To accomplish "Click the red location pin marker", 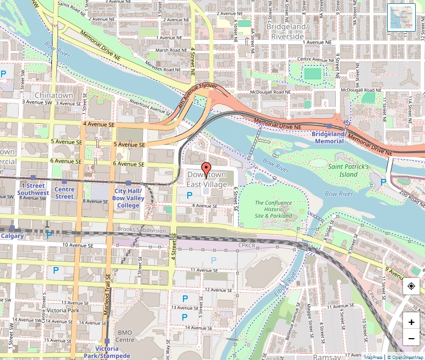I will click(206, 170).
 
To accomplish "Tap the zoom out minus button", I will click(411, 339).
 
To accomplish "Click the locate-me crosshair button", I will click(411, 286).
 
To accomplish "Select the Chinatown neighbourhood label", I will click(54, 95).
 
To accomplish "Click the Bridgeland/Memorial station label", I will click(329, 137).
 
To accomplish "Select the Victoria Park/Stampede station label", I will click(107, 352).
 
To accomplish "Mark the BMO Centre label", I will click(125, 336).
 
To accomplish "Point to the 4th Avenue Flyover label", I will click(197, 96).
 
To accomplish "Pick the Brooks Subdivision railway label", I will click(141, 230).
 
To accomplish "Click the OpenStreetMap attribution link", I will click(406, 357).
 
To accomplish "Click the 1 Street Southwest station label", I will click(33, 189).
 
